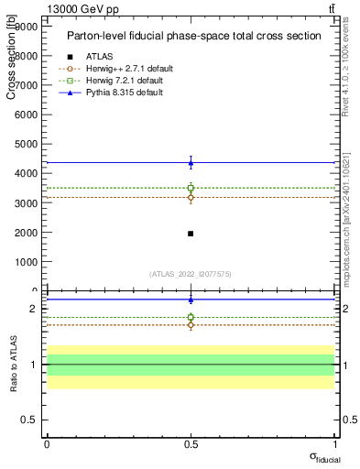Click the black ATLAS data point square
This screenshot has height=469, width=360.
click(x=191, y=233)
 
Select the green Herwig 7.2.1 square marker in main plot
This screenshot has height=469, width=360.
click(x=191, y=188)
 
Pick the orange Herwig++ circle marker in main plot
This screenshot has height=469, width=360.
click(x=191, y=197)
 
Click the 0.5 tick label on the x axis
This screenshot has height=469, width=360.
click(x=191, y=443)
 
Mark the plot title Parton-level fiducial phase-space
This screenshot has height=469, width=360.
click(x=193, y=36)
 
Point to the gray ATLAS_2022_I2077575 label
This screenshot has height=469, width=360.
click(x=191, y=273)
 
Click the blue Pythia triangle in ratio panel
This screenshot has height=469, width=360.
click(x=191, y=300)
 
